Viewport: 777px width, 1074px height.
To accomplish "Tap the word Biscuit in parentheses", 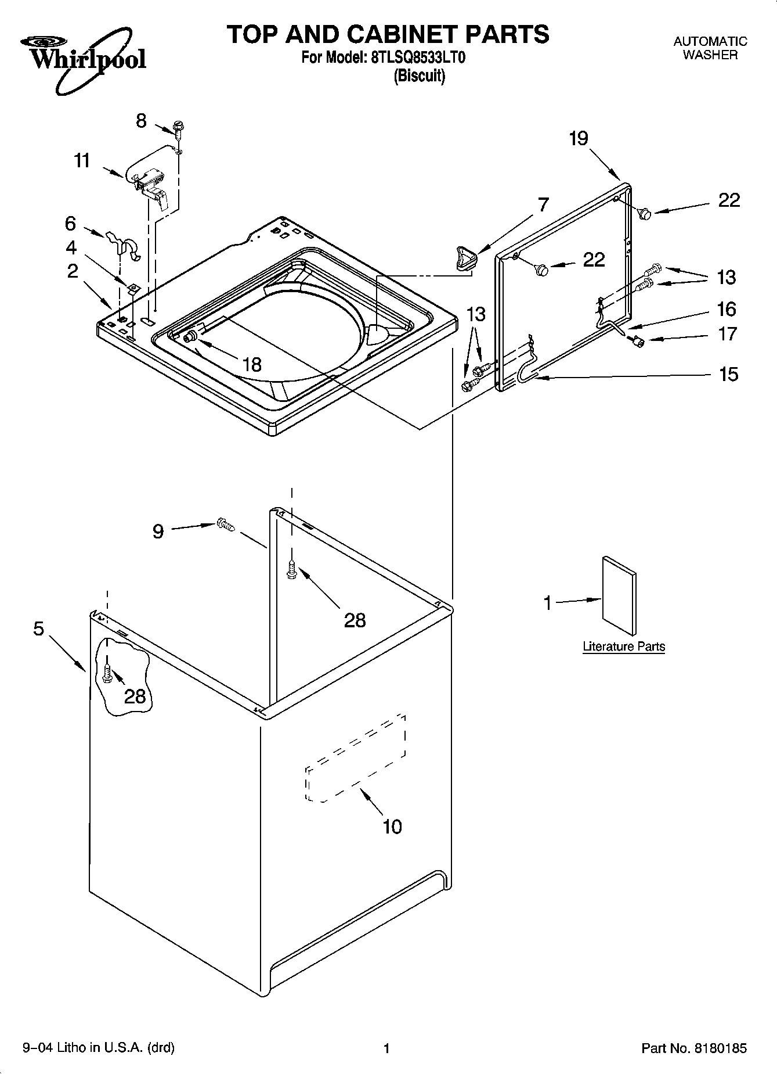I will (x=419, y=76).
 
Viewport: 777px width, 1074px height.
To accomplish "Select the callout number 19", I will (x=579, y=138).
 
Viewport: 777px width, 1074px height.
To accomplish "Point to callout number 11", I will (x=82, y=160).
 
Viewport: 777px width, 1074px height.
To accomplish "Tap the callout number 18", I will (x=251, y=364).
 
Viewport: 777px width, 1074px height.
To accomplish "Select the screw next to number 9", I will (x=225, y=525).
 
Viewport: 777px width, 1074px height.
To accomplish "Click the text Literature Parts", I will (x=624, y=646).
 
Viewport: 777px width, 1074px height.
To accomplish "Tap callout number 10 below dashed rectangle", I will (x=392, y=826).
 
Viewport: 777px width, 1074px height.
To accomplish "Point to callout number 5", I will (x=38, y=628).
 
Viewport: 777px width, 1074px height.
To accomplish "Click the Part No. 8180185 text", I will (x=693, y=1048).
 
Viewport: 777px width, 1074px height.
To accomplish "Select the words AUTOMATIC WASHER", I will (x=710, y=48).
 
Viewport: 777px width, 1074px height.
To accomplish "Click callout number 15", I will (x=728, y=374).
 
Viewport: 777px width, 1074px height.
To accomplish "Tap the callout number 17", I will (x=728, y=334).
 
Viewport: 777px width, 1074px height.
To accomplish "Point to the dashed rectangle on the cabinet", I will (x=355, y=758).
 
